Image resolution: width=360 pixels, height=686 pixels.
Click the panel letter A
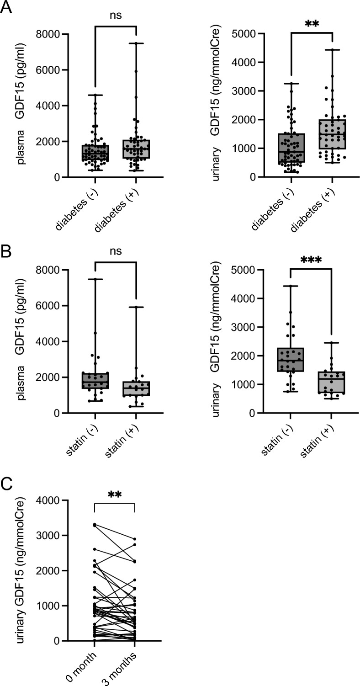pyautogui.click(x=6, y=8)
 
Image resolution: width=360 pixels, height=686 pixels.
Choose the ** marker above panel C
pyautogui.click(x=115, y=495)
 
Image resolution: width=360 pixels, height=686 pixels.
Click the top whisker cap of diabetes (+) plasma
pyautogui.click(x=137, y=43)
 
